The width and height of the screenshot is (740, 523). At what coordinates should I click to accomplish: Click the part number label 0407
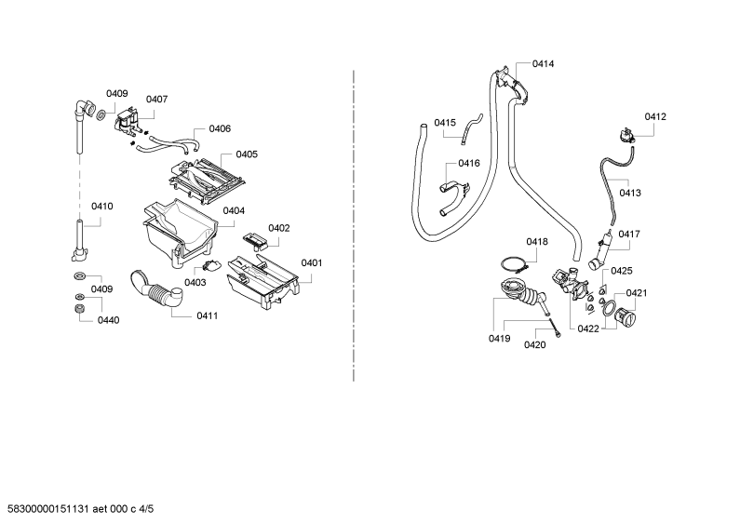click(156, 100)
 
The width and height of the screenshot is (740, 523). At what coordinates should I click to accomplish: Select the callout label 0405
click(247, 154)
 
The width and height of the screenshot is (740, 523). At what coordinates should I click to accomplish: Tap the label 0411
click(208, 315)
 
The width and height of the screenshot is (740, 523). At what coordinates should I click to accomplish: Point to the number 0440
click(109, 320)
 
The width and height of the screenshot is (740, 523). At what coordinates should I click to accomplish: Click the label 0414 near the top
click(544, 63)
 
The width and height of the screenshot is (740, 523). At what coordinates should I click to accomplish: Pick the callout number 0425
click(622, 271)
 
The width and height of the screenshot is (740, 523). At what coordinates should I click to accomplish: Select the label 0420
click(534, 345)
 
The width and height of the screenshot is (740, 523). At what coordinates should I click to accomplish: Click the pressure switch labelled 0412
click(626, 136)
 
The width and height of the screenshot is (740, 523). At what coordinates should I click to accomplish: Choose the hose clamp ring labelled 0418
click(514, 264)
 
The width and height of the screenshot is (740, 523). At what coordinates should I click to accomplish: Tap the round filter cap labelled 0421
click(626, 316)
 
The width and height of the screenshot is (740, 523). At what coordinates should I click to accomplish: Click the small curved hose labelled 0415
click(472, 126)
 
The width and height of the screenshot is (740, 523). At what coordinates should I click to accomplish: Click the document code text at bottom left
click(77, 509)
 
